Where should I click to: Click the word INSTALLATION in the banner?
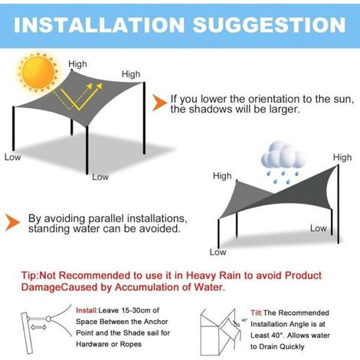99,25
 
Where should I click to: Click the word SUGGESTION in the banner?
270,25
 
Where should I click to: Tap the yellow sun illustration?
38,72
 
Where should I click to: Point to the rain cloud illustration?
283,162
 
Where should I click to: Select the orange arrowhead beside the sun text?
159,103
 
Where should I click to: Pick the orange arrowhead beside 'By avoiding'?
12,222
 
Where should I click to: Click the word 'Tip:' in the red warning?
30,276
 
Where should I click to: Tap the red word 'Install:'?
87,310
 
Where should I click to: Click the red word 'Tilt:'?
257,313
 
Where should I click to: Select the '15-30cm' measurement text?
136,310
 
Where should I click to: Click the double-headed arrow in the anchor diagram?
38,327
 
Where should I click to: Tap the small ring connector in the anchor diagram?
48,319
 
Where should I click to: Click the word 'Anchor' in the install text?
156,322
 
